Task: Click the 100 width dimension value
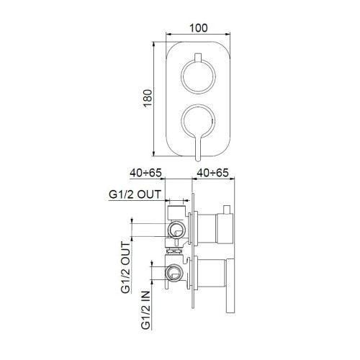click(199, 28)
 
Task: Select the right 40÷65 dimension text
click(213, 174)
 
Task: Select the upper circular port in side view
click(176, 230)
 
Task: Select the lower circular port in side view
click(173, 273)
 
